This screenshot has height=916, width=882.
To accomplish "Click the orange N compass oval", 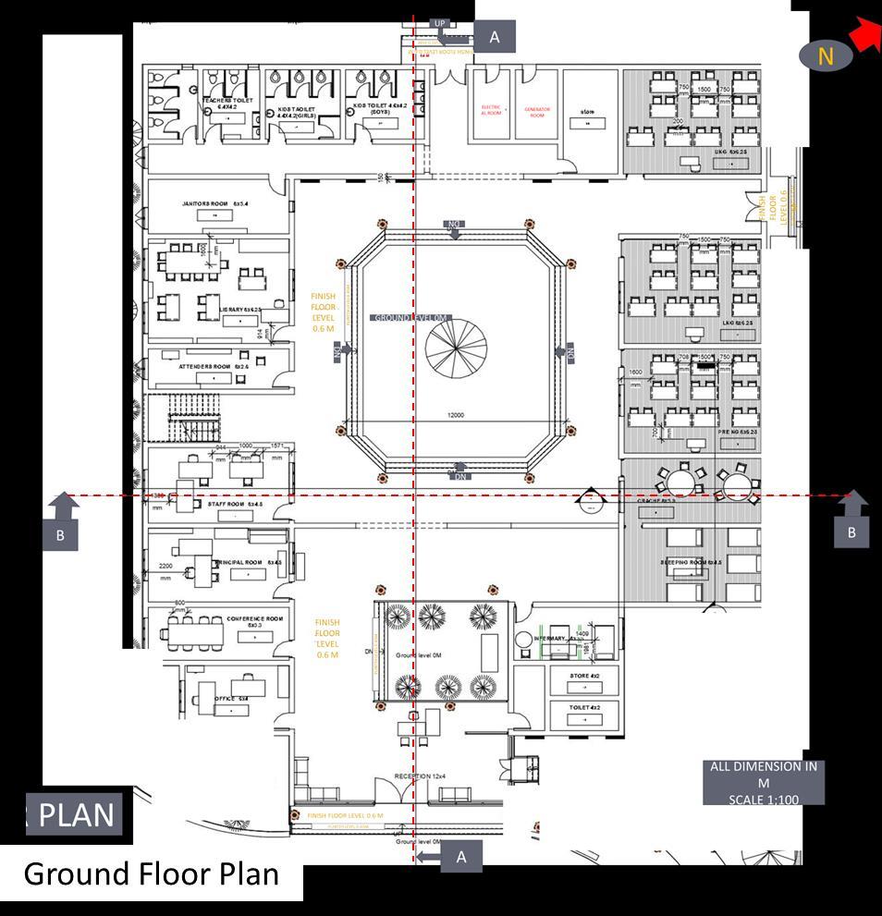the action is [826, 55].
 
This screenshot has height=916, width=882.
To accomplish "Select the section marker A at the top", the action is [495, 37].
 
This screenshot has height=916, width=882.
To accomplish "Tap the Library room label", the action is [231, 310].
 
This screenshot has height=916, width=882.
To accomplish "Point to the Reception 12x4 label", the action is [420, 776].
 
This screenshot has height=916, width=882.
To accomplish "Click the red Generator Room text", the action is [537, 111].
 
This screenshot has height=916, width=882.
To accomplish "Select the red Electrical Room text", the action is [491, 109].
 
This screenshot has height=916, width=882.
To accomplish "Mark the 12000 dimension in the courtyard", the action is [455, 416].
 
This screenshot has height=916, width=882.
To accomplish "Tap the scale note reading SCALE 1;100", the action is [763, 799].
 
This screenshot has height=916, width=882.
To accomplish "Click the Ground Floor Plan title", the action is [151, 873].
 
